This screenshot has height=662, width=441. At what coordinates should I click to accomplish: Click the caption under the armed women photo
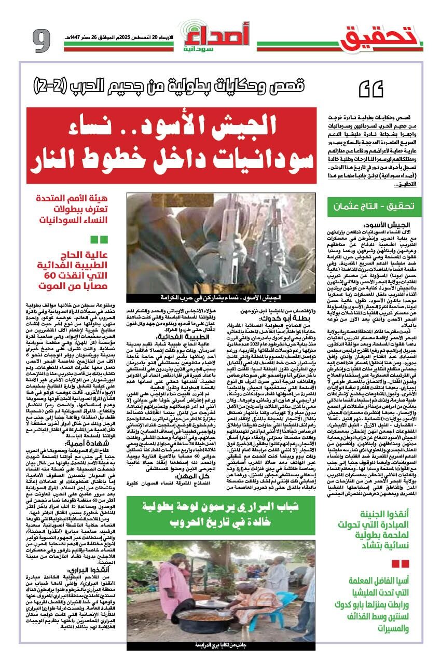pyautogui.click(x=221, y=298)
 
